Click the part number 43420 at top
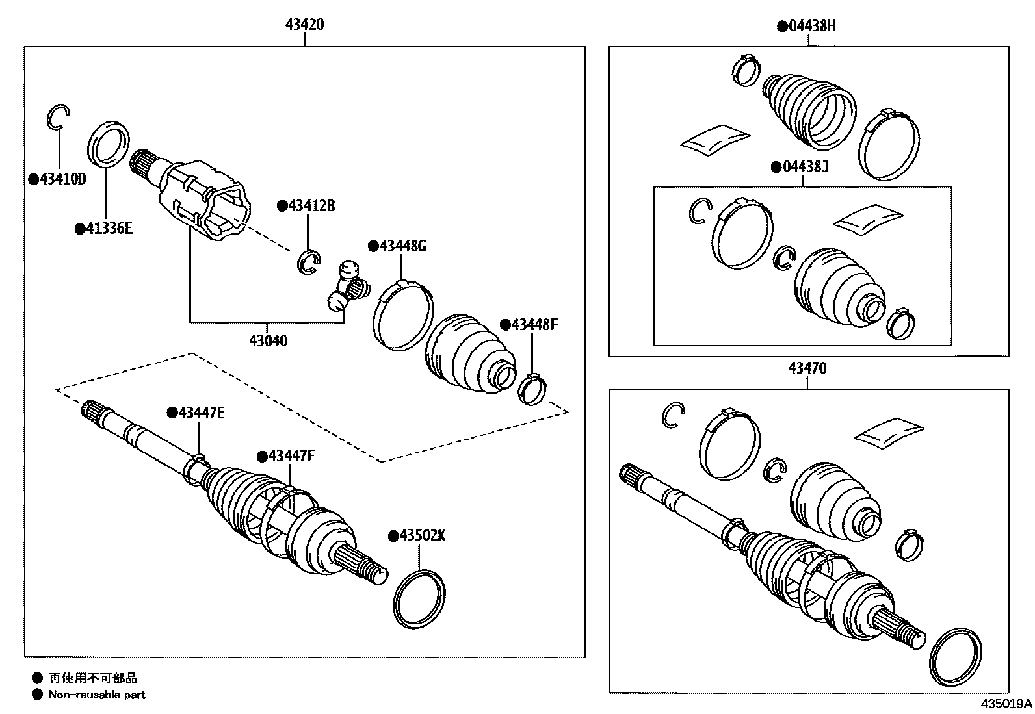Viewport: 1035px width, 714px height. click(304, 25)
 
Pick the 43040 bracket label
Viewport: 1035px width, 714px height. click(268, 340)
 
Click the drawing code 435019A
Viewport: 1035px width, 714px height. click(1006, 704)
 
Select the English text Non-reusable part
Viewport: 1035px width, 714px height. click(97, 695)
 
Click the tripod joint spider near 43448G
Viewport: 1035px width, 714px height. click(347, 287)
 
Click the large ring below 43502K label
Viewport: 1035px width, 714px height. click(419, 599)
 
